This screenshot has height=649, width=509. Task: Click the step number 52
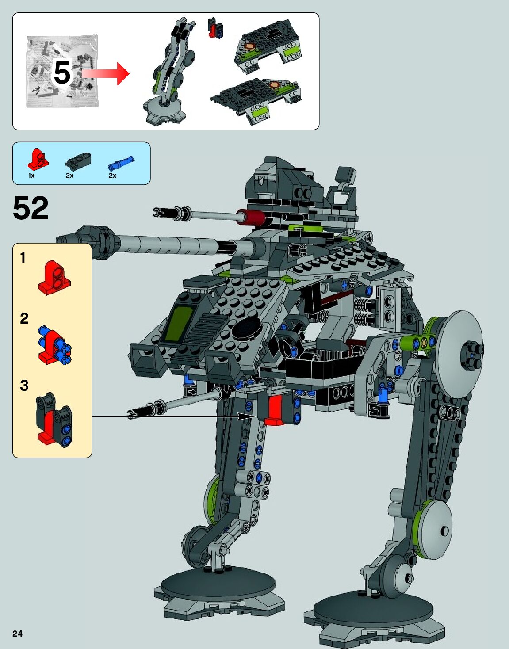click(x=31, y=208)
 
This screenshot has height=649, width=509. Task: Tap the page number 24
click(x=17, y=634)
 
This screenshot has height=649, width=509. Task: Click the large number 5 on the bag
click(x=62, y=73)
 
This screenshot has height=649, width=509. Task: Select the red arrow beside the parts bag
click(x=106, y=73)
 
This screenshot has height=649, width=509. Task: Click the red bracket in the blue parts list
click(x=38, y=160)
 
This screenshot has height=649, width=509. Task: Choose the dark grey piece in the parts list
click(x=78, y=160)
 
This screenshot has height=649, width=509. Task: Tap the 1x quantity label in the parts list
click(x=31, y=176)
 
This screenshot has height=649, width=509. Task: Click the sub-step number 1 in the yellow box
click(x=23, y=257)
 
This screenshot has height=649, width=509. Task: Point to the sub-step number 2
click(x=24, y=318)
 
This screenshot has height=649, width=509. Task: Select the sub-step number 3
click(x=24, y=386)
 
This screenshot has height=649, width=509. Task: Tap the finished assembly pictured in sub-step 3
click(x=54, y=420)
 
